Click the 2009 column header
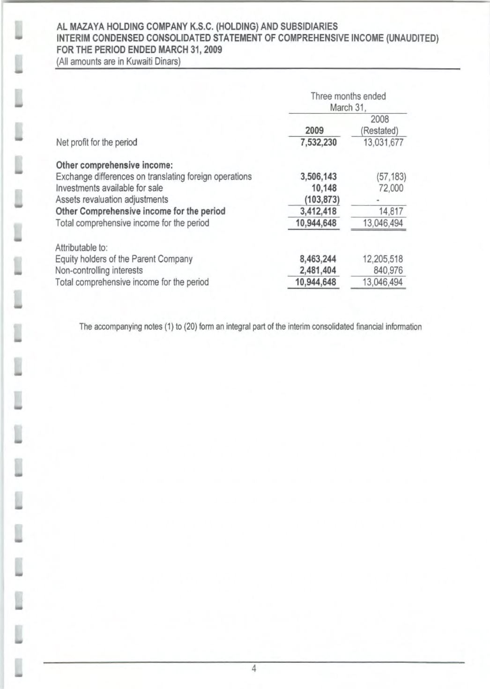pos(314,131)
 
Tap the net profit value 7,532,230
pos(319,142)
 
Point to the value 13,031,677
pos(383,142)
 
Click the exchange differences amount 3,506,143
pos(319,177)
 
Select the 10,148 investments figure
pos(324,188)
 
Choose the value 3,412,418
pos(319,212)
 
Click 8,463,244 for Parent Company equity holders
pos(319,259)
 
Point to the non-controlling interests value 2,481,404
pos(319,271)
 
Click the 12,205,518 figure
pos(383,259)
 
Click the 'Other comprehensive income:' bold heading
pos(115,165)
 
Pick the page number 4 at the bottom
pos(254,669)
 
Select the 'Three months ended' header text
pos(348,96)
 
